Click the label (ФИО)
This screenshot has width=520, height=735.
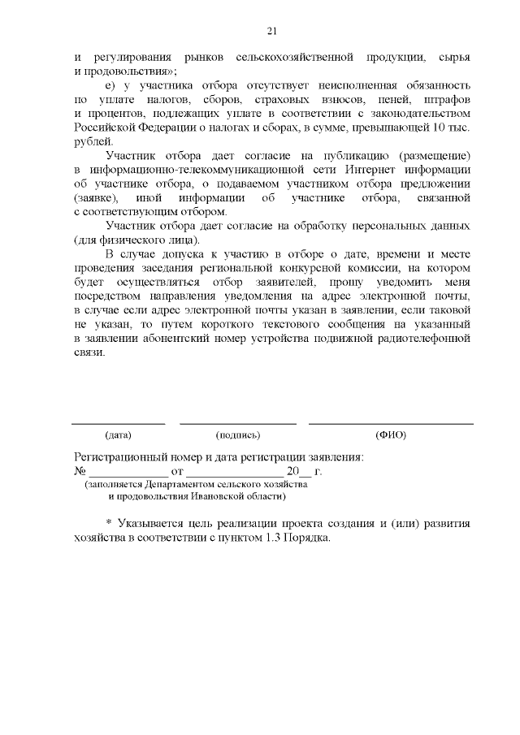pos(391,435)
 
